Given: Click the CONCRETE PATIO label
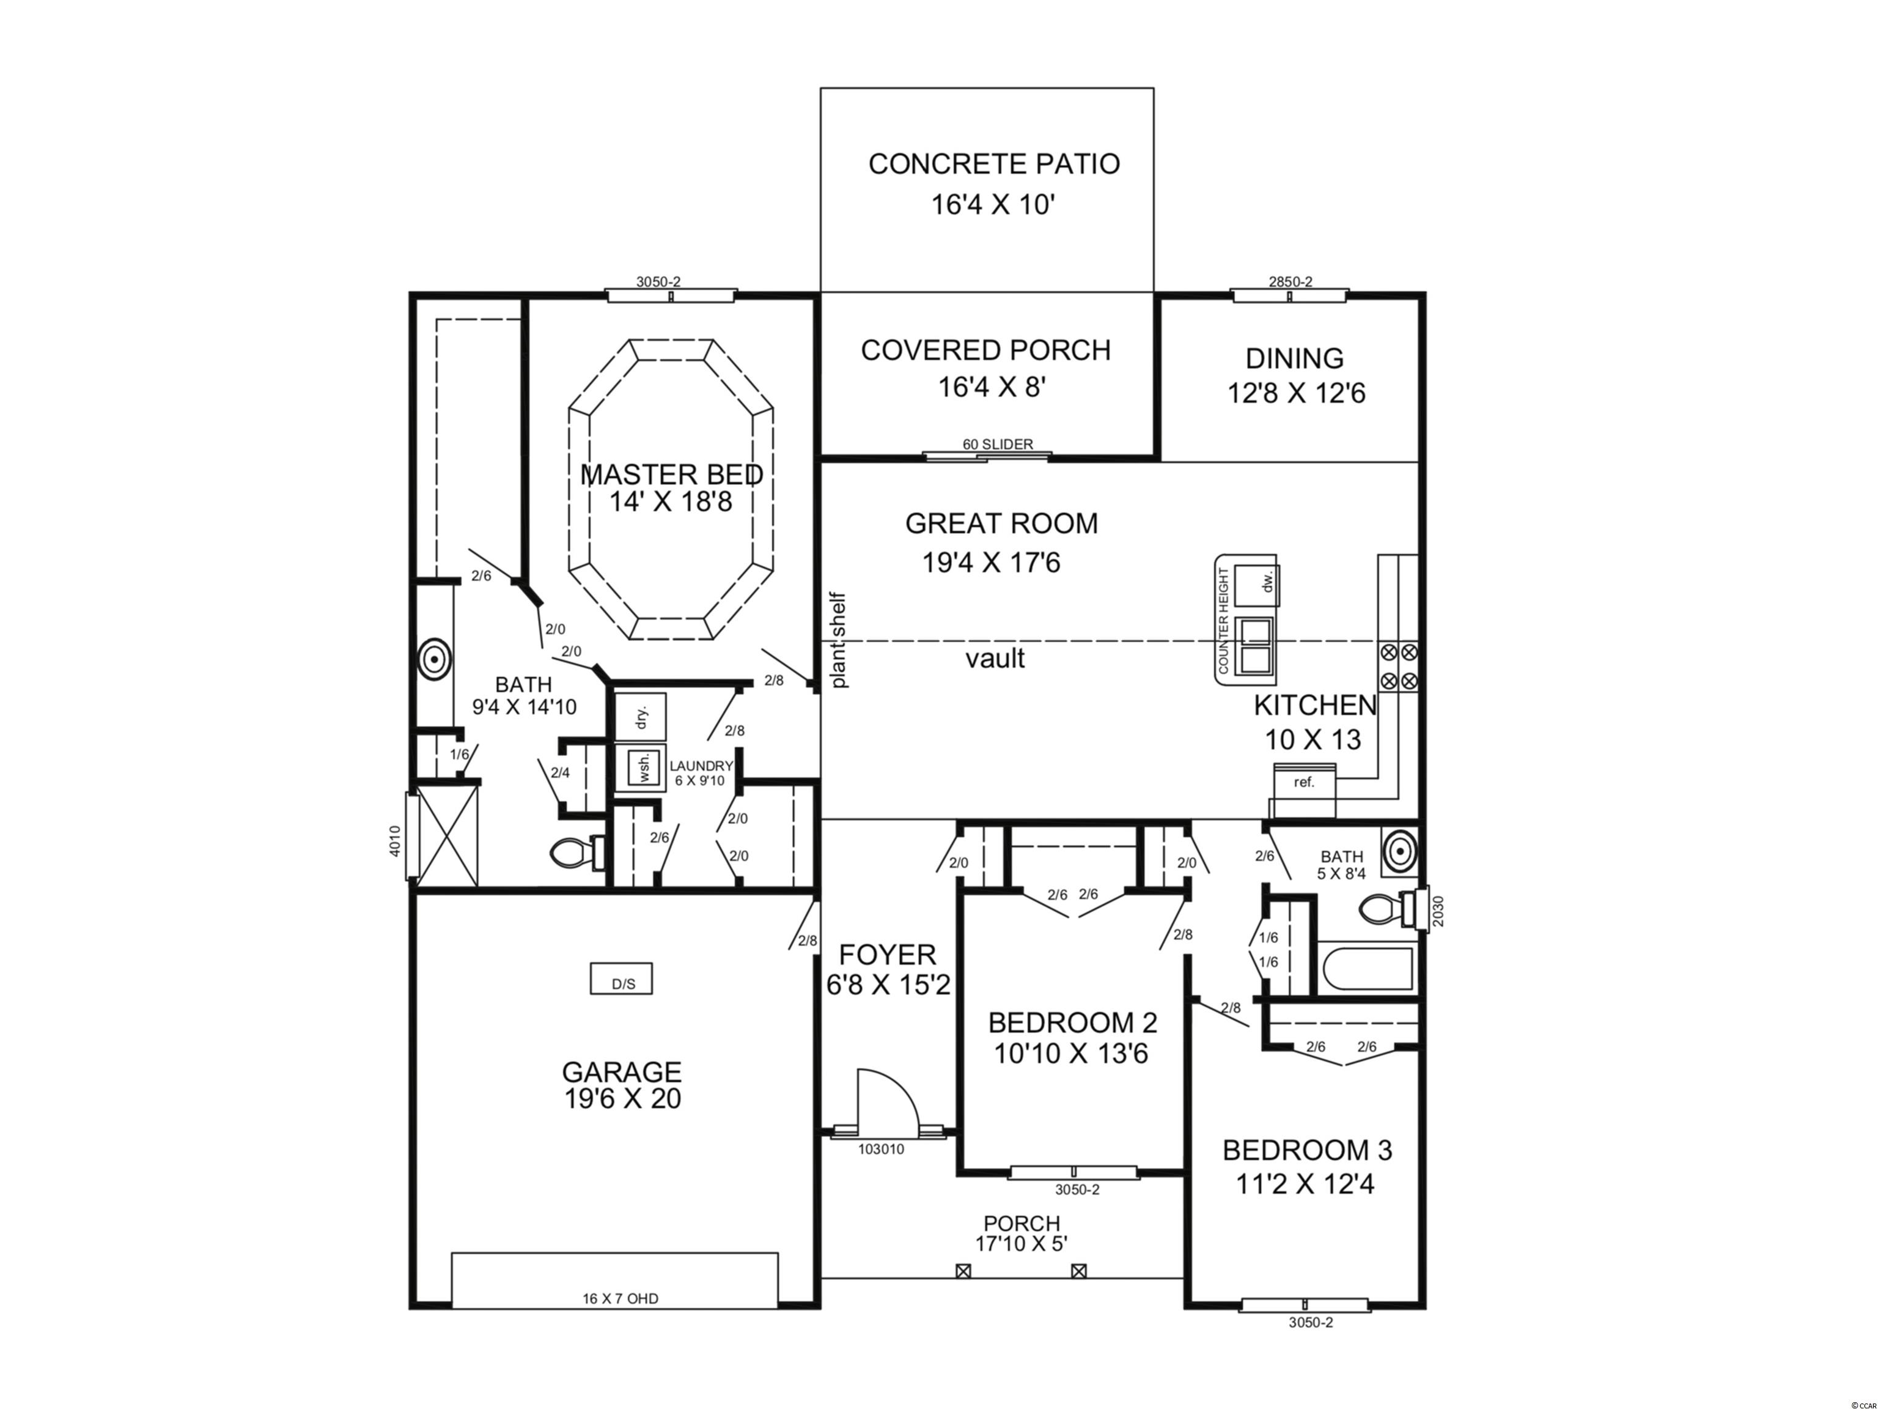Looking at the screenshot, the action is (993, 164).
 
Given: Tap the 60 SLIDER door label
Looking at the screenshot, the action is (998, 444).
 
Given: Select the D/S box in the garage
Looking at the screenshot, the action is (622, 978).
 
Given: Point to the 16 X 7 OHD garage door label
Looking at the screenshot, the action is (620, 1298).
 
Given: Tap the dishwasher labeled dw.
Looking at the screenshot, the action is (1256, 584).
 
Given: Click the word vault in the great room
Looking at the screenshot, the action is (995, 658).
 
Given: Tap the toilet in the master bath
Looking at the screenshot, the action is (577, 852).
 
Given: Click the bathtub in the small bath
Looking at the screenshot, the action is (1366, 968).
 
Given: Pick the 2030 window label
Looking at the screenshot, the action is (1435, 911).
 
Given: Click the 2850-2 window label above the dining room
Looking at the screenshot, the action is (1291, 282).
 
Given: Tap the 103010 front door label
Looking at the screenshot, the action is (882, 1149).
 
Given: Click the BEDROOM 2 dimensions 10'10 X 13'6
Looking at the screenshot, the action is (1072, 1054).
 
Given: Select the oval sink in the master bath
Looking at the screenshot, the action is (435, 658).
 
